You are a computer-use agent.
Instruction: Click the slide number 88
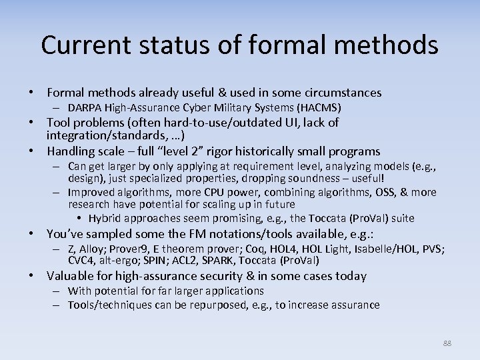pos(447,343)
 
